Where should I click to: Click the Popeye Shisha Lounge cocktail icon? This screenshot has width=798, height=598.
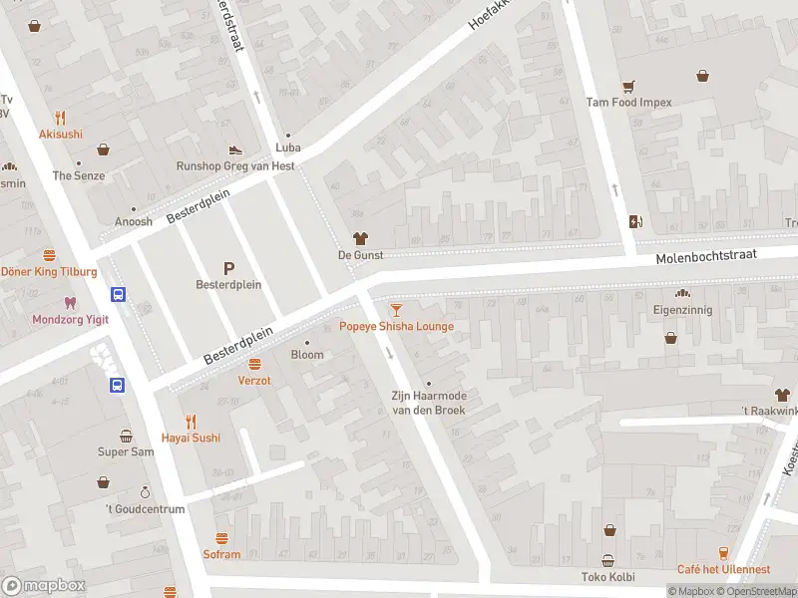tap(397, 310)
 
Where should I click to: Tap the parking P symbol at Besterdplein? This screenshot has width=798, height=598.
tap(228, 267)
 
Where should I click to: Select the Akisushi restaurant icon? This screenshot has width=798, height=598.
tap(61, 117)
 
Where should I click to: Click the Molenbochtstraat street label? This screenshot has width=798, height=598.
tap(706, 257)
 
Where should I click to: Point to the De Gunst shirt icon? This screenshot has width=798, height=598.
tap(360, 239)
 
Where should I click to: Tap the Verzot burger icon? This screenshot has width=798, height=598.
tap(254, 364)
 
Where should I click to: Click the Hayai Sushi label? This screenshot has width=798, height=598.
tap(192, 438)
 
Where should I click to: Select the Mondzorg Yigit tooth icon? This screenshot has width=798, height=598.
tap(69, 302)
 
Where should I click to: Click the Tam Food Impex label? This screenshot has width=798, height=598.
tap(628, 102)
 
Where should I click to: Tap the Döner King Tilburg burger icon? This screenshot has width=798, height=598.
tap(49, 255)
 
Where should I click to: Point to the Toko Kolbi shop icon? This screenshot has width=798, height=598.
tap(607, 560)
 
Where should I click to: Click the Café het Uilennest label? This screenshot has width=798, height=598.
tap(723, 569)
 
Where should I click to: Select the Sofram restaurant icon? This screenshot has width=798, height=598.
tap(221, 538)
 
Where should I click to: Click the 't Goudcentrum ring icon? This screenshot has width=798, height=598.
tap(145, 492)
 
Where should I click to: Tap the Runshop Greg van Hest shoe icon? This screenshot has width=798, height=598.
tap(235, 149)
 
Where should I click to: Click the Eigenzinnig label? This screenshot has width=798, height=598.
tap(682, 311)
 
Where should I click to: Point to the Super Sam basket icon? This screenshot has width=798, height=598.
tap(126, 436)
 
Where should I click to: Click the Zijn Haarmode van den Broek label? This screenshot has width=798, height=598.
tap(428, 403)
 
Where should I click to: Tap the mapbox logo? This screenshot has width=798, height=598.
tap(43, 586)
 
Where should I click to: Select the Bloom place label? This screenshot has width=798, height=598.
tap(307, 355)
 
